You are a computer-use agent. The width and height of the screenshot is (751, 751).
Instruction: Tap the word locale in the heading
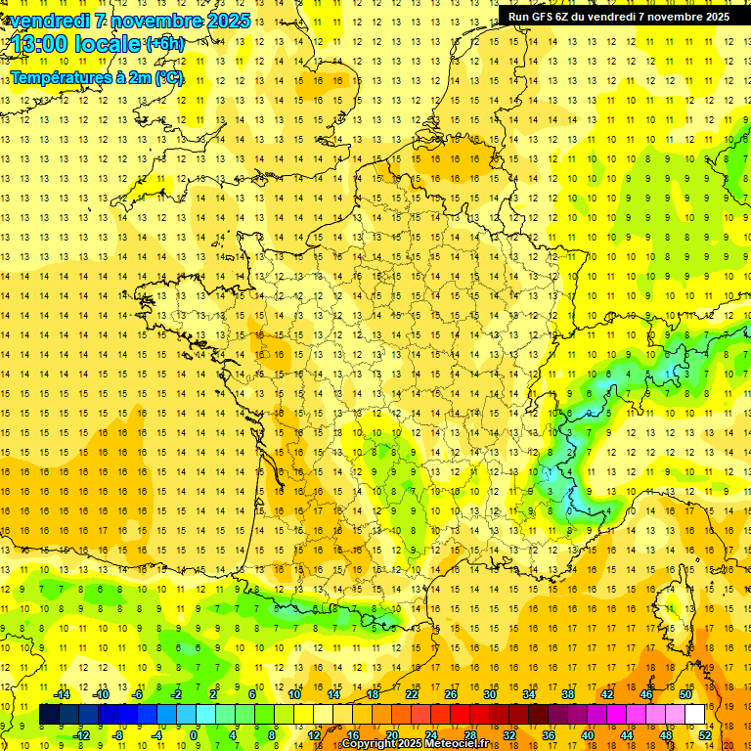tap(111, 43)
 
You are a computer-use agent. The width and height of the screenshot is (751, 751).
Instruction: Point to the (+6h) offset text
tap(164, 43)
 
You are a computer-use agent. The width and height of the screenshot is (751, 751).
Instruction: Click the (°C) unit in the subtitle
tap(168, 77)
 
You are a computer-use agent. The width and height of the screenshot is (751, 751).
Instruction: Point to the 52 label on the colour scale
tap(705, 734)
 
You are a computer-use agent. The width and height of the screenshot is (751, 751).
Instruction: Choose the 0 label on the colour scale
tap(194, 734)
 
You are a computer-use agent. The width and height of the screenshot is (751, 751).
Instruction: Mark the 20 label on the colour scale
tap(392, 734)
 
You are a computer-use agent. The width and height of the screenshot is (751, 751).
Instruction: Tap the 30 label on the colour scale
tap(489, 693)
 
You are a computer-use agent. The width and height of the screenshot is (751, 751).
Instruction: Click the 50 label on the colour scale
tap(685, 693)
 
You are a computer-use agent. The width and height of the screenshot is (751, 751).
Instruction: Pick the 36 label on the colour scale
tap(549, 734)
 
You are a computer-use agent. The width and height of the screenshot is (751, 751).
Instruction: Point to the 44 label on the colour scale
tap(627, 734)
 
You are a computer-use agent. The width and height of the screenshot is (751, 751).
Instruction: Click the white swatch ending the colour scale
tap(695, 715)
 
